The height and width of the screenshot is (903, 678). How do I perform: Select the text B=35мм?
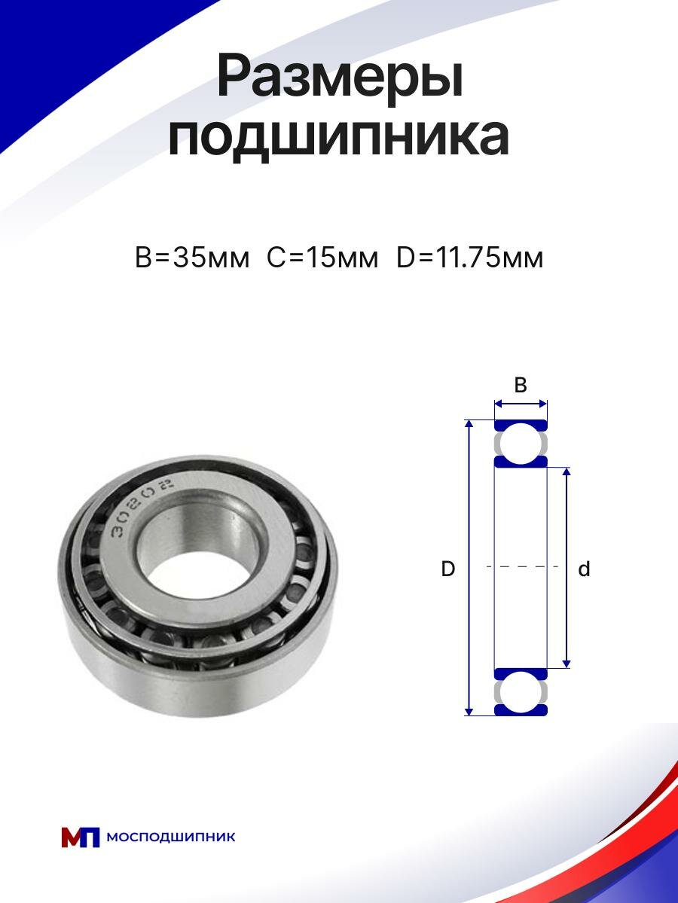click(x=192, y=258)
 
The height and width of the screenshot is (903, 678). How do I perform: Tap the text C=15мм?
click(x=322, y=258)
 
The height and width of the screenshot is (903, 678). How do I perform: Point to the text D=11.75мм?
click(x=470, y=258)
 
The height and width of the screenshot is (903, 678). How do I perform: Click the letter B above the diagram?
click(x=520, y=385)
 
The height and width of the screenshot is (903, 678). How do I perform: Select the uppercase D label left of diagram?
click(x=447, y=569)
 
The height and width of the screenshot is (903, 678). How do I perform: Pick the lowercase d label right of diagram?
click(x=584, y=569)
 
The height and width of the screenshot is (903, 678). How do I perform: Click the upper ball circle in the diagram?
click(x=521, y=444)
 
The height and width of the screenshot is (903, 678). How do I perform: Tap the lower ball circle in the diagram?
click(x=521, y=691)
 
